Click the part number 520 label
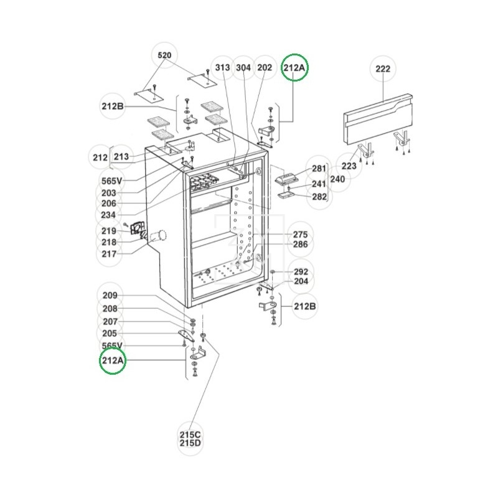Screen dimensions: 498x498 [164, 55]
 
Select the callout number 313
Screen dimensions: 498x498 [222, 68]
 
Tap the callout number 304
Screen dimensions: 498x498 [243, 68]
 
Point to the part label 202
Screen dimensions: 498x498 [265, 68]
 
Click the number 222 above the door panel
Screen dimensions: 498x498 [383, 69]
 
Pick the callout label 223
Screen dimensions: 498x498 [349, 166]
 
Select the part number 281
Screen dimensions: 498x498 [319, 168]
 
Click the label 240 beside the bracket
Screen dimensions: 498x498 [337, 179]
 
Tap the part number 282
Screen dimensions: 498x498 [319, 197]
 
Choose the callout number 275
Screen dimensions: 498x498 [300, 235]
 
